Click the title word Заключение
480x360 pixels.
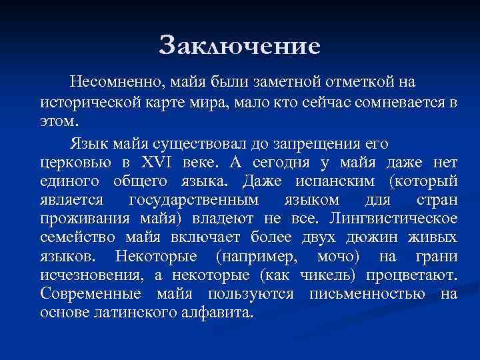tap(240, 46)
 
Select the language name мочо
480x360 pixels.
tap(338, 257)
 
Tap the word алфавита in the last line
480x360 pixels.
tap(218, 313)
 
